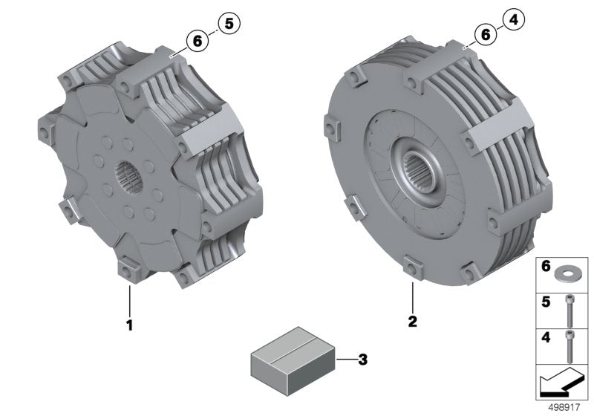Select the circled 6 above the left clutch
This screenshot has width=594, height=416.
(x=198, y=42)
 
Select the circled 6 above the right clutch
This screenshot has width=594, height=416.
(x=484, y=34)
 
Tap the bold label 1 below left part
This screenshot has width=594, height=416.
(x=129, y=325)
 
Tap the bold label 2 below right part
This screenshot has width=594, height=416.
(x=412, y=322)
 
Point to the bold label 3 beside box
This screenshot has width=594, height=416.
(x=362, y=360)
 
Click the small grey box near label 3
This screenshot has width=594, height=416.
(x=289, y=360)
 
